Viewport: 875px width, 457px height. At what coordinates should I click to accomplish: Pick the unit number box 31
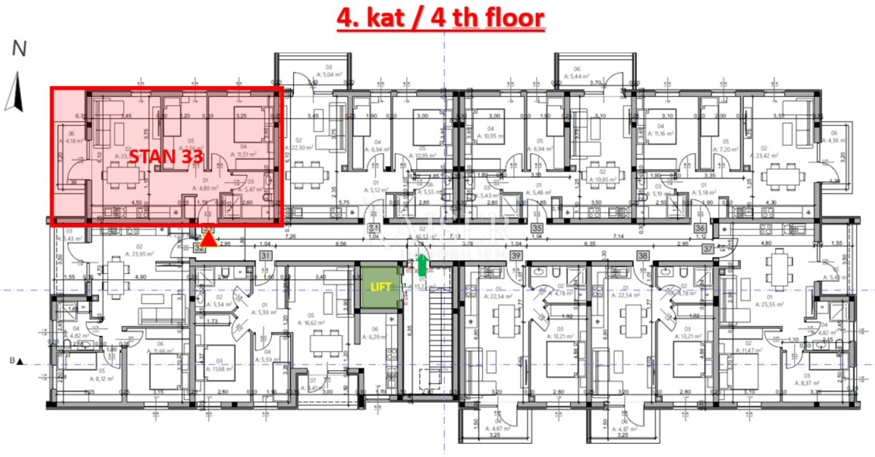[265, 255]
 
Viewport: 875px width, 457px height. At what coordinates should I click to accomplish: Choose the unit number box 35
[537, 228]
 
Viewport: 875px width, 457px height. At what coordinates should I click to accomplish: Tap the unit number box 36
[701, 228]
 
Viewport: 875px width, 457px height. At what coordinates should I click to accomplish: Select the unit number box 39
[516, 255]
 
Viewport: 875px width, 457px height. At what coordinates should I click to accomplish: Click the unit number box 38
[643, 255]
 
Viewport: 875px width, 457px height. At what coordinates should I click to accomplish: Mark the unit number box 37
[707, 249]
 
